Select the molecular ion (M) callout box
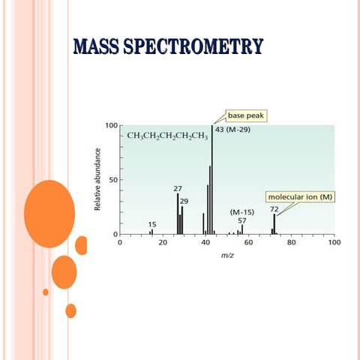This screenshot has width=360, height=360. (301, 196)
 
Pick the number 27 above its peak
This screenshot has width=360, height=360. (178, 188)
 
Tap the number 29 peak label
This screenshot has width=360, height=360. (184, 201)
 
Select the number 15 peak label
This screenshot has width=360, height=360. (152, 224)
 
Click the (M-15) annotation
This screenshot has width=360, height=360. (241, 212)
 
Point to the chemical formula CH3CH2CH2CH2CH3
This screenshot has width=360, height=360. (166, 136)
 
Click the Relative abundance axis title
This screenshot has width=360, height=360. (98, 179)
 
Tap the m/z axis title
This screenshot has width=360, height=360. (227, 255)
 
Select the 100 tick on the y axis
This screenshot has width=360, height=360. (111, 125)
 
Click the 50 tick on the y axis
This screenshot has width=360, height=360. (113, 180)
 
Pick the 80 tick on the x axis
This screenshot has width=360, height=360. (292, 243)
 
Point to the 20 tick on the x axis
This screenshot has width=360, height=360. (163, 243)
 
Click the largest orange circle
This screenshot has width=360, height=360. (49, 214)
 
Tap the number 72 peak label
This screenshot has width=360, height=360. (274, 209)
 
